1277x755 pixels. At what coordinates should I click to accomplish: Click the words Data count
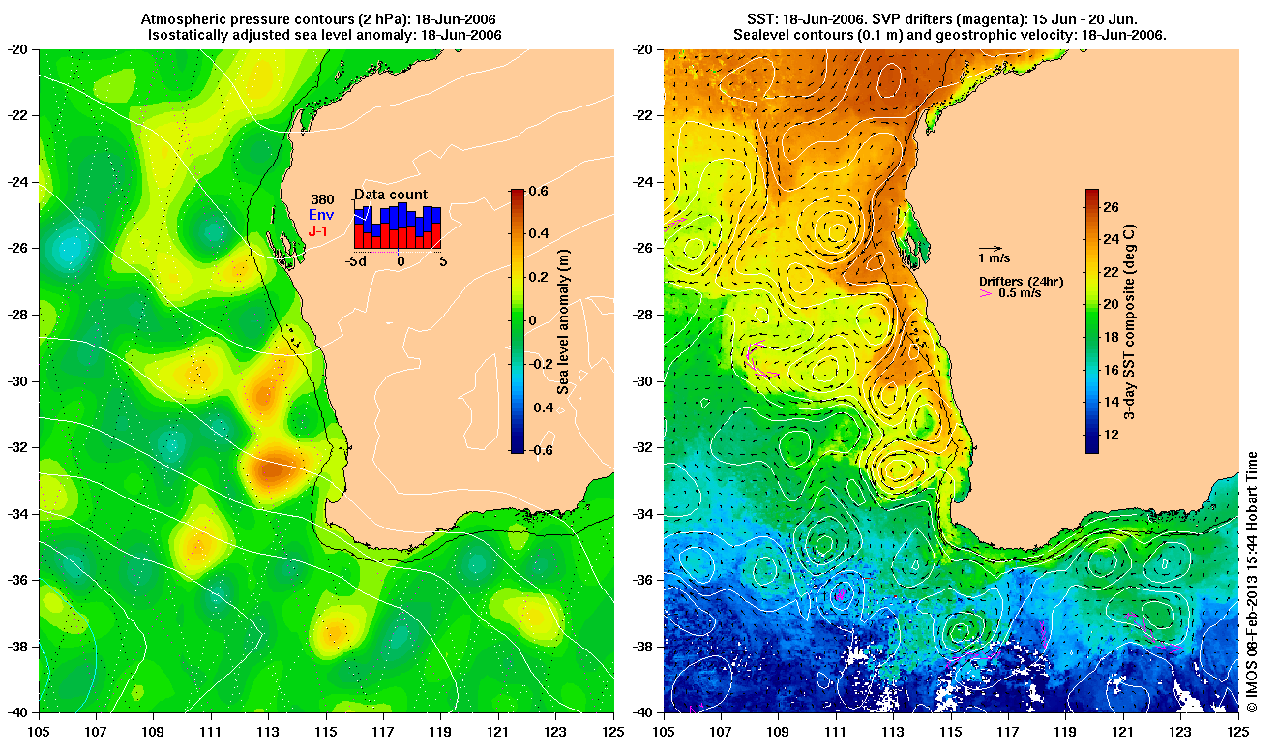pyautogui.click(x=390, y=195)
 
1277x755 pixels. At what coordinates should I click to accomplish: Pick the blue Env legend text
pyautogui.click(x=321, y=215)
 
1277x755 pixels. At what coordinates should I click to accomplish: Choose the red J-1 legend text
pyautogui.click(x=319, y=231)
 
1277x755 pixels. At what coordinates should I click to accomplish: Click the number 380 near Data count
pyautogui.click(x=322, y=199)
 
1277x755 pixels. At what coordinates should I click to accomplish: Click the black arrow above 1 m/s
pyautogui.click(x=990, y=248)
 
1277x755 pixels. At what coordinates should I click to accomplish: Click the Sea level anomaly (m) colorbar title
pyautogui.click(x=563, y=320)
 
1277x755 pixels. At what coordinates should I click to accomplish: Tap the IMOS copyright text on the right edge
pyautogui.click(x=1252, y=581)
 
